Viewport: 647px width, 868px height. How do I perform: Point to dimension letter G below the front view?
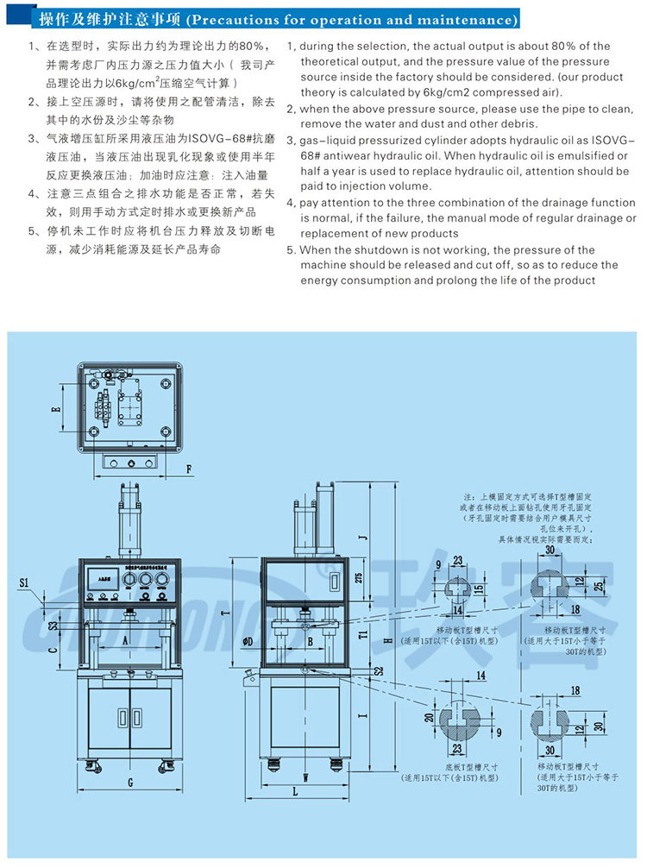click(129, 783)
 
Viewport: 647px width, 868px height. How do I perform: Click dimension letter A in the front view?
click(125, 640)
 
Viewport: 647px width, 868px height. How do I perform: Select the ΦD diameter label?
click(248, 641)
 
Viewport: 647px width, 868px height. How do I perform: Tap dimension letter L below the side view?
click(294, 790)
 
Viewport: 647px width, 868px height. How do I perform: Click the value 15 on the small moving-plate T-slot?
click(477, 588)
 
